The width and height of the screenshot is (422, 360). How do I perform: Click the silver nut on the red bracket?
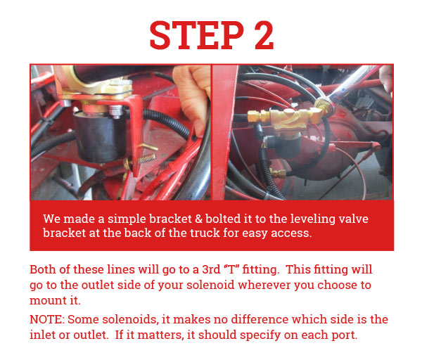coord(115,110)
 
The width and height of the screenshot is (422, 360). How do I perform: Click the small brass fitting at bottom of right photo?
coord(279,172)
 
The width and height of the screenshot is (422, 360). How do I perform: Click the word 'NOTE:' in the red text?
coord(46,319)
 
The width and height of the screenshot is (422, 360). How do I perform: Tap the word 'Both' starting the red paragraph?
coord(42,270)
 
